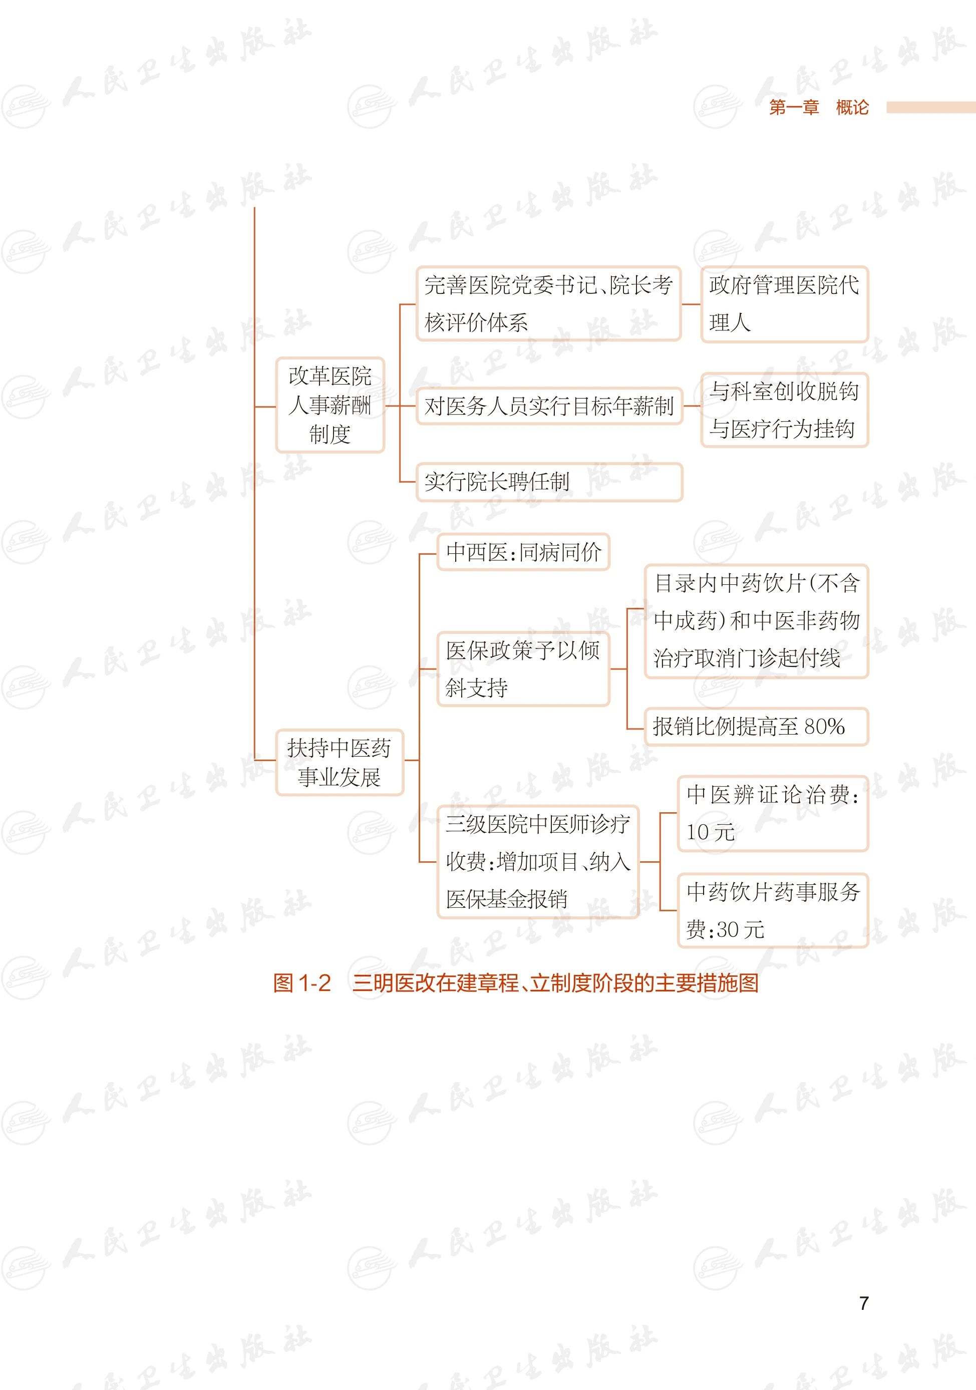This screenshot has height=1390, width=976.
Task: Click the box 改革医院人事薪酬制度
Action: coord(330,405)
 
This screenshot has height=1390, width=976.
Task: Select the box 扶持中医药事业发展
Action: coord(339,762)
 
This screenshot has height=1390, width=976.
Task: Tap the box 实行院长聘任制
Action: coord(548,482)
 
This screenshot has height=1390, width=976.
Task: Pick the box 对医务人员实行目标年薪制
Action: coord(548,406)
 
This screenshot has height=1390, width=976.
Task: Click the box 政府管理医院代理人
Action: coord(784,304)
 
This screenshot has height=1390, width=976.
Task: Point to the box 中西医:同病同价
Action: coord(523,551)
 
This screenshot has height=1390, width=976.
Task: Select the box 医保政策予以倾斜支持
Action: coord(523,669)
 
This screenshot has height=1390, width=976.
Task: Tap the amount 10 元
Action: coord(710,832)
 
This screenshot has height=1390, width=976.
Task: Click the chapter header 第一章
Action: coord(794,108)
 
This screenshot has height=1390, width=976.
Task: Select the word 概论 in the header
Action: coord(852,108)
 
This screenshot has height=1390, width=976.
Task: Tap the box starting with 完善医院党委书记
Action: coord(548,304)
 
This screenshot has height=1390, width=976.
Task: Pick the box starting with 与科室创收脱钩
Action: coord(784,410)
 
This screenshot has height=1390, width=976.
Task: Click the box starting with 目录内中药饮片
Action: coord(756,621)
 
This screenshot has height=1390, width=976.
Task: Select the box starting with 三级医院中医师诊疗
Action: coord(538,861)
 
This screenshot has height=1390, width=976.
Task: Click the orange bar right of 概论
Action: coord(930,107)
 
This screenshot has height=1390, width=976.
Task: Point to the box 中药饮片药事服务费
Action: coord(773,910)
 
